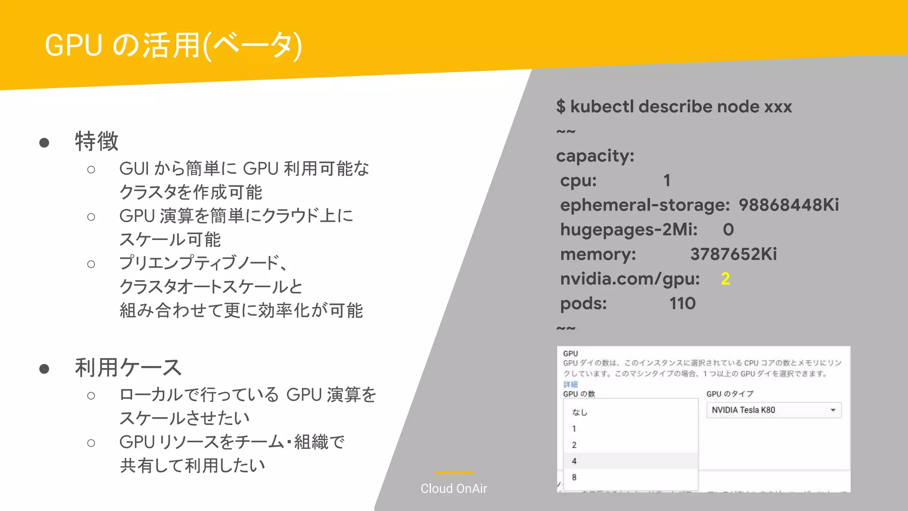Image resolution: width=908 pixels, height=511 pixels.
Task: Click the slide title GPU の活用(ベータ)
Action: (x=173, y=45)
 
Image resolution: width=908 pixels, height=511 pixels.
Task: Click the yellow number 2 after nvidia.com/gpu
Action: (x=725, y=279)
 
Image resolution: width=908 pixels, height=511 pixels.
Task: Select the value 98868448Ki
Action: (x=789, y=205)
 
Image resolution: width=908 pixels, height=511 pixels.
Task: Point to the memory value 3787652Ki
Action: (x=733, y=254)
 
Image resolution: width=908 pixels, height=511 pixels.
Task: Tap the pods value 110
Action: (x=682, y=303)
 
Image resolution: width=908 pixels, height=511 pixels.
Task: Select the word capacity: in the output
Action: (x=595, y=156)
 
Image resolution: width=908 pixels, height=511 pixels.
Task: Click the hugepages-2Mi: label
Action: (x=629, y=230)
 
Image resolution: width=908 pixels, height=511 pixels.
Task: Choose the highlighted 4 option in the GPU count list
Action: (x=574, y=461)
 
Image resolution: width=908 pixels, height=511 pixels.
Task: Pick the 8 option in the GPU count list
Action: (x=574, y=478)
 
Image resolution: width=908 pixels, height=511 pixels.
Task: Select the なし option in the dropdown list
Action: (x=579, y=413)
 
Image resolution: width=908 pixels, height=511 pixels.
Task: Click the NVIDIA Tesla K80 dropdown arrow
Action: (x=833, y=410)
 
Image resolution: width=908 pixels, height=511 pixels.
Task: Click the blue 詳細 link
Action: (x=571, y=384)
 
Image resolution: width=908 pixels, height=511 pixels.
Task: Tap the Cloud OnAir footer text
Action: (x=454, y=488)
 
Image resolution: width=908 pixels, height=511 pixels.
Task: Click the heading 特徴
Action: (x=97, y=142)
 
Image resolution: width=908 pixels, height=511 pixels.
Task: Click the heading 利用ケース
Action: (x=128, y=368)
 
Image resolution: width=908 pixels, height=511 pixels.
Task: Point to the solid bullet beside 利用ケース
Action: (x=44, y=369)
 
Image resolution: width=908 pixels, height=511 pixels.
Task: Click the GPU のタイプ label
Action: (x=730, y=394)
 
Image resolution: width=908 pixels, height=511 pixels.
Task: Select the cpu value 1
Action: (x=667, y=181)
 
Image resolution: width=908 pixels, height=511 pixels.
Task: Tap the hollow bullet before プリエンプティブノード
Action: (x=91, y=264)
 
